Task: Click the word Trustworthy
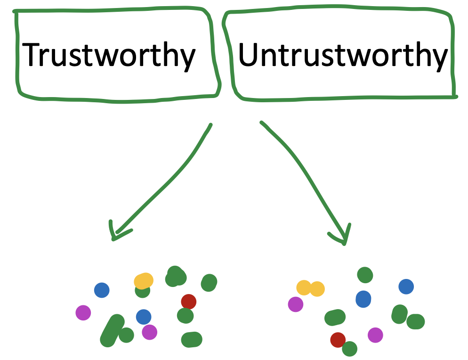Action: [110, 55]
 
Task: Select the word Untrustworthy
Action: [342, 55]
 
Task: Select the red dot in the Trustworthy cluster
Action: [188, 302]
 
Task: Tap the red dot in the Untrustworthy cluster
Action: [338, 339]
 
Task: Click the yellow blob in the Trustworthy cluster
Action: [144, 281]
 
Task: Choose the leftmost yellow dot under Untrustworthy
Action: [304, 287]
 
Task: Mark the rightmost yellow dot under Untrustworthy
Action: [317, 289]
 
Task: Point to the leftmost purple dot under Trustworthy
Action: [83, 312]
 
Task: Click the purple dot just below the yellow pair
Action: [296, 304]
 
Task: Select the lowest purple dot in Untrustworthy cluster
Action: [375, 335]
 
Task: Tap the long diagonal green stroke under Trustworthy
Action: [112, 331]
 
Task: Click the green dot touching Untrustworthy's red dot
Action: [349, 349]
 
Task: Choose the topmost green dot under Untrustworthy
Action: [365, 274]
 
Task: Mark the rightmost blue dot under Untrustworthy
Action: [406, 286]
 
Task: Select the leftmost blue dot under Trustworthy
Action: [102, 290]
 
